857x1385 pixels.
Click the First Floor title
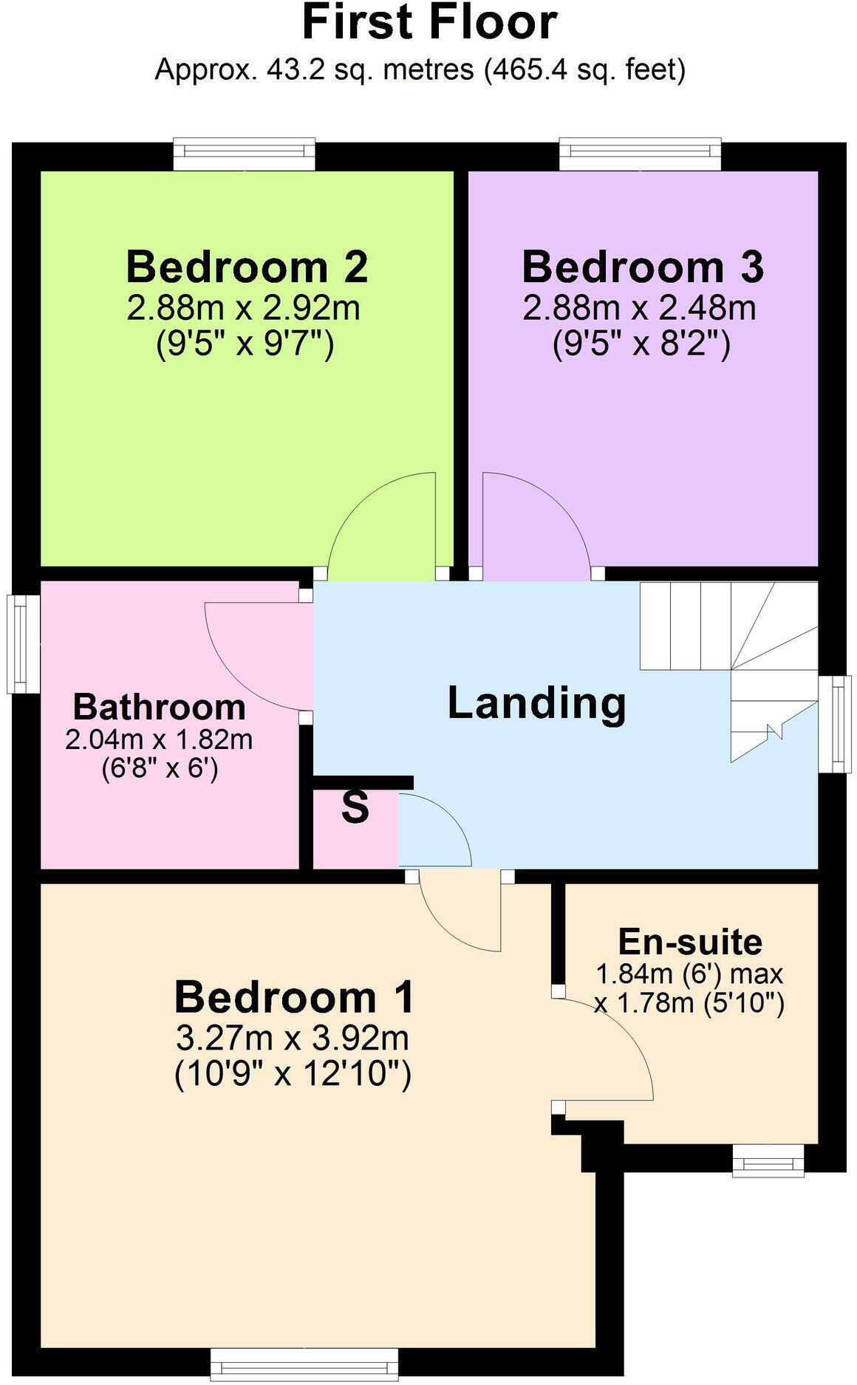point(428,22)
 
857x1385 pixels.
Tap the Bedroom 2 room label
point(247,267)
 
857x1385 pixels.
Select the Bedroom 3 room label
point(643,267)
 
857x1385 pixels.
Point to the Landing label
point(537,702)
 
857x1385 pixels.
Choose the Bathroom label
point(160,707)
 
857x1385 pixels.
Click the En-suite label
point(690,942)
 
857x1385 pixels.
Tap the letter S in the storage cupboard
point(355,808)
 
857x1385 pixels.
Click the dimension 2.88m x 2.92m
point(244,308)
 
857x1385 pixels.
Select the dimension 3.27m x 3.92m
point(293,1038)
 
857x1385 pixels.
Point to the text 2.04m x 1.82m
point(159,739)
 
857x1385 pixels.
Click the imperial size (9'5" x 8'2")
point(642,344)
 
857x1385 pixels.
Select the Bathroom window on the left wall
point(22,643)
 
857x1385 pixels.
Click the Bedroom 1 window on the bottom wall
point(304,1364)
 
